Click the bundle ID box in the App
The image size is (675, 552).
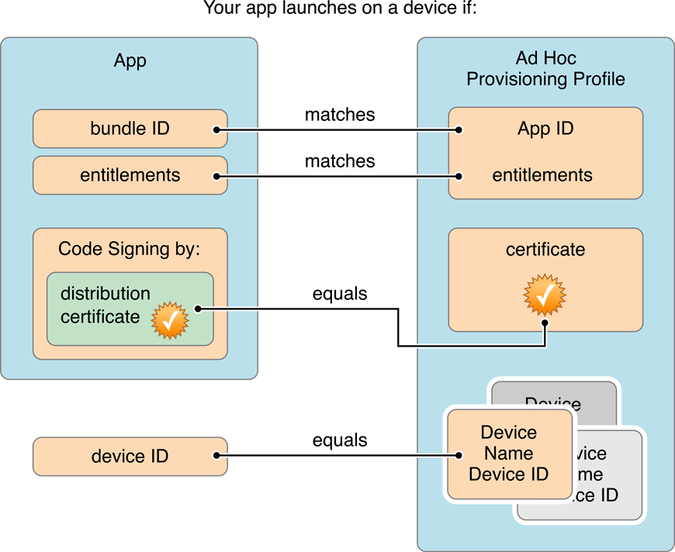point(130,129)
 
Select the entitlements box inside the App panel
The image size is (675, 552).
point(130,175)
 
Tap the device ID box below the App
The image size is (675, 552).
point(130,456)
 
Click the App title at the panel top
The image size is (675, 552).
point(130,61)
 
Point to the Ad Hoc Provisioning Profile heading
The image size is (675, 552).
point(545,69)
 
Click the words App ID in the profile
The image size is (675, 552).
point(545,129)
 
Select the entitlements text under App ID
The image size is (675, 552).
point(542,175)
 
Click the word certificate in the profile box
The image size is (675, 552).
point(545,250)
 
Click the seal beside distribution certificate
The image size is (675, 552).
point(169,320)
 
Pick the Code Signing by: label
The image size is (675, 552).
point(130,249)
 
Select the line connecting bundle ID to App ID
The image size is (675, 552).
point(337,130)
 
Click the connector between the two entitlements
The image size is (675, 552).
point(337,177)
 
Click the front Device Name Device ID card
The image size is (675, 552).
point(508,454)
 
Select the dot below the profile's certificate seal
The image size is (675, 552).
point(545,323)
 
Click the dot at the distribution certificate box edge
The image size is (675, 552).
point(199,309)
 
